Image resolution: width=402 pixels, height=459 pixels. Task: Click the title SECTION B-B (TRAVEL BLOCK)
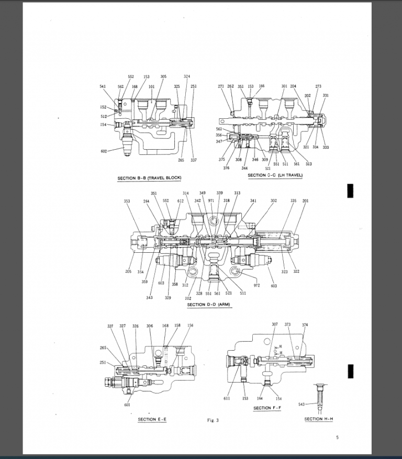pos(149,178)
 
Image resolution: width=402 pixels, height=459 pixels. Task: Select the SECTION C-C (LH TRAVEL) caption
pos(275,175)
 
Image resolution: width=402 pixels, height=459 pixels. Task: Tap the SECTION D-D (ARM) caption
pos(208,305)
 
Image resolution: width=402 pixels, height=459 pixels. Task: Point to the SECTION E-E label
pos(152,419)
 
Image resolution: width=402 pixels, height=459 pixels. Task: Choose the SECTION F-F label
pos(270,408)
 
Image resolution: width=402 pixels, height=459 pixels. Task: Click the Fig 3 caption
pos(213,420)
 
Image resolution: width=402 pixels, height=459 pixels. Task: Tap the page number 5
pos(337,438)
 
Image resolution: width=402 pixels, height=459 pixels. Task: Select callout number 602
pos(104,151)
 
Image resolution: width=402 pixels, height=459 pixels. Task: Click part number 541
pos(103,86)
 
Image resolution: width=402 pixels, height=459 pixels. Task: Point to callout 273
pos(318,86)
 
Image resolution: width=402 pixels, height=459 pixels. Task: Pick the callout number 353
pos(127,201)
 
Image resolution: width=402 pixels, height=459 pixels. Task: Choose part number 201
pos(305,201)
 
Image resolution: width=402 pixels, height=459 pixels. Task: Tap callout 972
pos(256,286)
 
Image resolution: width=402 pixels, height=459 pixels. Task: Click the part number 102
pos(188,298)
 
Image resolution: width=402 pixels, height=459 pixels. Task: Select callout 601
pos(127,405)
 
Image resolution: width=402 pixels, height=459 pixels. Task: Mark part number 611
pos(227,398)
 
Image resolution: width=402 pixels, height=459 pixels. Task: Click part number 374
pos(305,325)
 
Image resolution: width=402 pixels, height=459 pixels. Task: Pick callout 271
pos(220,86)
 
